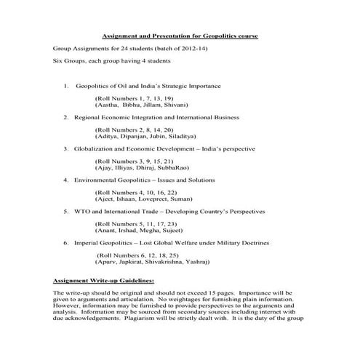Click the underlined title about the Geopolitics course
click(179, 36)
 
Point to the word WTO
click(82, 211)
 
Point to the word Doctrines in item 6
click(249, 242)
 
